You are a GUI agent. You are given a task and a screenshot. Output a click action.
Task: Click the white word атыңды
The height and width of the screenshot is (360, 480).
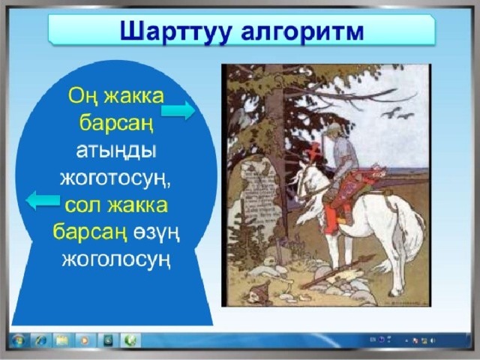(115, 151)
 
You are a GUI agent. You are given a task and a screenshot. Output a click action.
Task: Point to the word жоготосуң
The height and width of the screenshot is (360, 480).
(115, 178)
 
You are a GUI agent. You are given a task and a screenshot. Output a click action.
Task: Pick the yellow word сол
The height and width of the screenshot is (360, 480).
(82, 205)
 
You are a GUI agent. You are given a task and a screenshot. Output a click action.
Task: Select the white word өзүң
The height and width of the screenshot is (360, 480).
(156, 234)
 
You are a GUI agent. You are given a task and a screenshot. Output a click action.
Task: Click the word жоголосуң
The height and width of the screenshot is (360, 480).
(115, 261)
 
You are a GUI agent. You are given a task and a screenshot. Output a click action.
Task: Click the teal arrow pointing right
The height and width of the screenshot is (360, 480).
(178, 110)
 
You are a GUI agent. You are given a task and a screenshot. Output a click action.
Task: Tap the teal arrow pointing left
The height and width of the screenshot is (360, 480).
(43, 200)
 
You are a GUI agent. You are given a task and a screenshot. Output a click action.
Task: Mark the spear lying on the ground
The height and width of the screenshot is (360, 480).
(338, 271)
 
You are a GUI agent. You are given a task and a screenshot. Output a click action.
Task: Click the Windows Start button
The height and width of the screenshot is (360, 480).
(18, 340)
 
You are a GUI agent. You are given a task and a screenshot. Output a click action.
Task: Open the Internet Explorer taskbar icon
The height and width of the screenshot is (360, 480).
(41, 340)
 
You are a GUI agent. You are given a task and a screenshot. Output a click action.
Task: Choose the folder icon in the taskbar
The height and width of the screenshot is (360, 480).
(62, 340)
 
